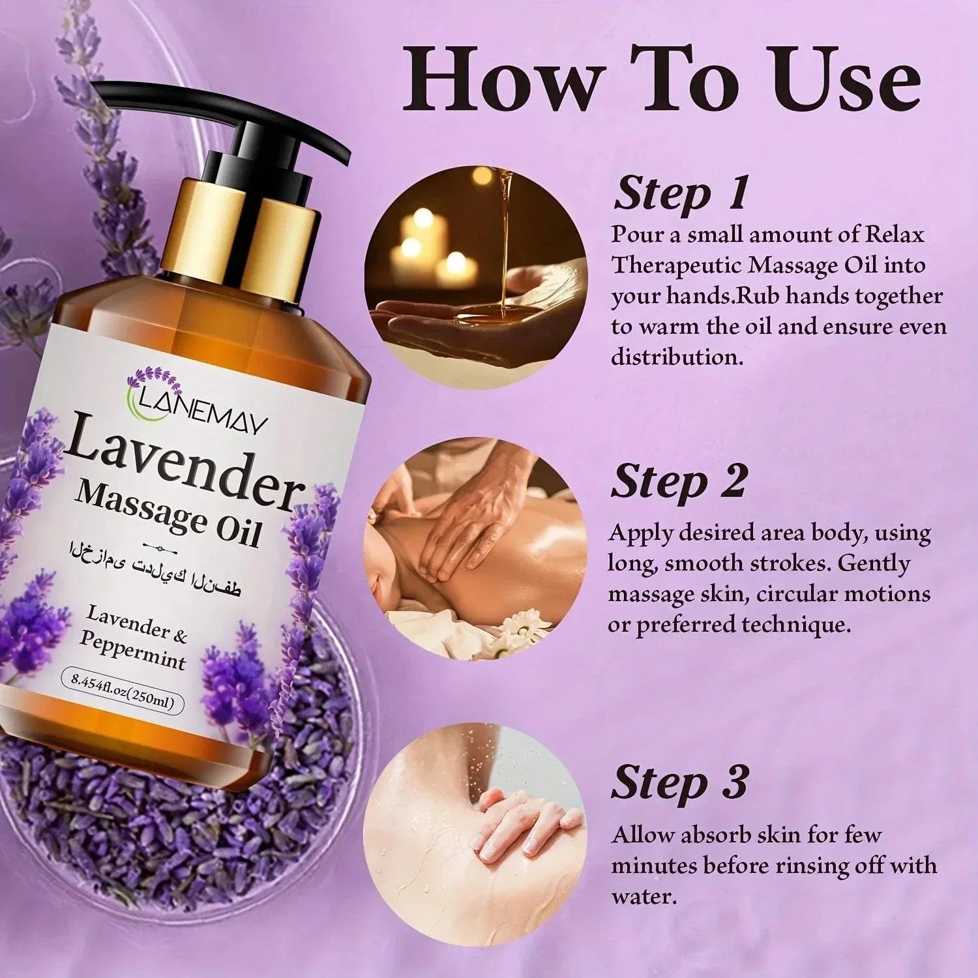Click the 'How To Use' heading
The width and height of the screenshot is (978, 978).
[x=662, y=80]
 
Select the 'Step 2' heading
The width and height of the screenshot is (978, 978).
[x=678, y=482]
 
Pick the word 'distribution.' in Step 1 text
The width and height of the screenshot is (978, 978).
[x=677, y=357]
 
